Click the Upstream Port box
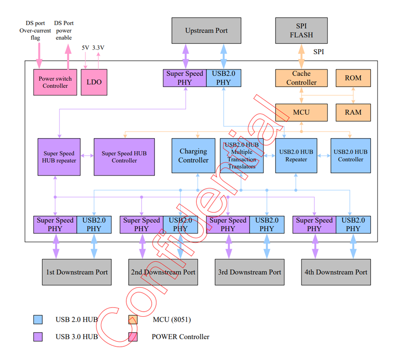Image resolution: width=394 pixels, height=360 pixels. (206, 31)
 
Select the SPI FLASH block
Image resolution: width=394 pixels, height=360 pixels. (301, 31)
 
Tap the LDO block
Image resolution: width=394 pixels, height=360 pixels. (94, 82)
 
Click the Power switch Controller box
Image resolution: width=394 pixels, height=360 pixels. (55, 82)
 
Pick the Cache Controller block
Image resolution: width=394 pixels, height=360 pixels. (301, 78)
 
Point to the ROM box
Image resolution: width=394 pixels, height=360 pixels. (353, 78)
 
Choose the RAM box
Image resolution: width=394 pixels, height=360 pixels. (353, 112)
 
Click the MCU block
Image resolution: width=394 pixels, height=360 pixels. (301, 112)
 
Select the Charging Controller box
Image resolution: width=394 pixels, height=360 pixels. (193, 155)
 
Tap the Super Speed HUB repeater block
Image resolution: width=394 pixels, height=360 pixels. (59, 157)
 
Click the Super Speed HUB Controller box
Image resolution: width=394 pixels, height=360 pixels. (124, 157)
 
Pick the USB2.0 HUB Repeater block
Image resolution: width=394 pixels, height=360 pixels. (297, 155)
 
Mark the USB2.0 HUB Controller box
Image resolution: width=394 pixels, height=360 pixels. (351, 155)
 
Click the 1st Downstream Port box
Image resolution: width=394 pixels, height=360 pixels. (77, 272)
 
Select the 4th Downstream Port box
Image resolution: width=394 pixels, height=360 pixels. (335, 272)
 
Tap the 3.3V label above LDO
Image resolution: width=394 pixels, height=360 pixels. (98, 48)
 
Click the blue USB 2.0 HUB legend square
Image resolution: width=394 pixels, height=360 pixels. (38, 319)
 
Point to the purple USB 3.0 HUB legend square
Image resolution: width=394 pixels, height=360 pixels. (38, 337)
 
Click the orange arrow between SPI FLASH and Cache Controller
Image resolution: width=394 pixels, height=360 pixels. (301, 57)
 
